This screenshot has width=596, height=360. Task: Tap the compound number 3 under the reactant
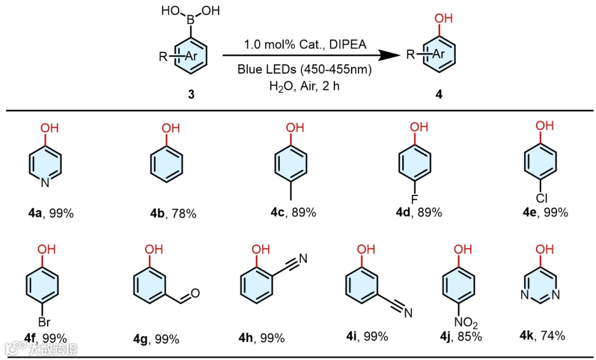click(x=191, y=95)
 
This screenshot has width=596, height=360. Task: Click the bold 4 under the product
click(x=439, y=95)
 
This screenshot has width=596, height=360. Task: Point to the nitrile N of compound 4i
click(x=408, y=314)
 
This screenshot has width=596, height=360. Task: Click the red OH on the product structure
click(x=443, y=19)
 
